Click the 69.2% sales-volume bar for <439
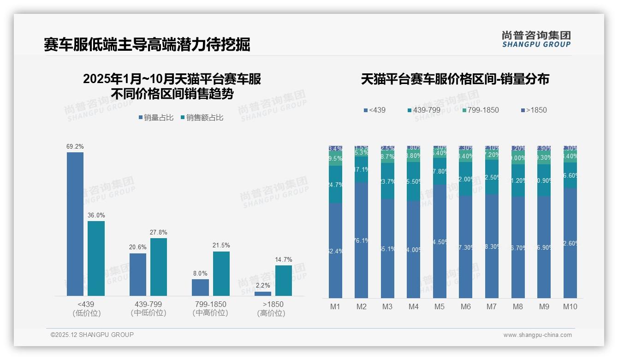coord(75,224)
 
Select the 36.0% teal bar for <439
coord(96,258)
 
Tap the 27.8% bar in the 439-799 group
coord(159,267)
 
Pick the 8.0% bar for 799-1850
coord(200,287)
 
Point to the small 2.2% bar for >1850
coord(263,294)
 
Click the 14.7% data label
coord(283,259)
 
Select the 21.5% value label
coord(221,245)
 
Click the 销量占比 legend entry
coord(156,118)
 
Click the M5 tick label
coord(439,306)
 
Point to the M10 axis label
coord(570,306)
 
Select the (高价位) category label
coord(271,313)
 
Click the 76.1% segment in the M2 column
coord(361,240)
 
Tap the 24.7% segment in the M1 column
coord(335,185)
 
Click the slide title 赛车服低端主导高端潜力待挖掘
coord(147,45)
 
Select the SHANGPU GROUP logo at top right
coord(536,39)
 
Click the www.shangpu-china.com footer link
coord(537,335)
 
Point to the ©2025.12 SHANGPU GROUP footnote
coord(92,335)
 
